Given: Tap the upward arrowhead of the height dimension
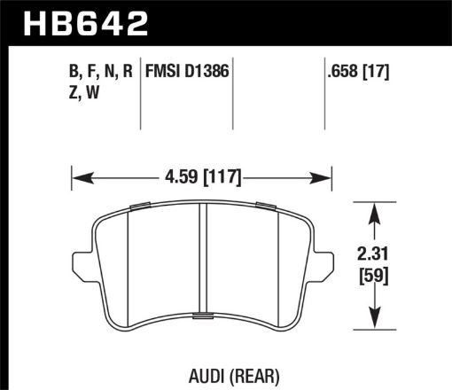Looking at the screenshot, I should point(377,211).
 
